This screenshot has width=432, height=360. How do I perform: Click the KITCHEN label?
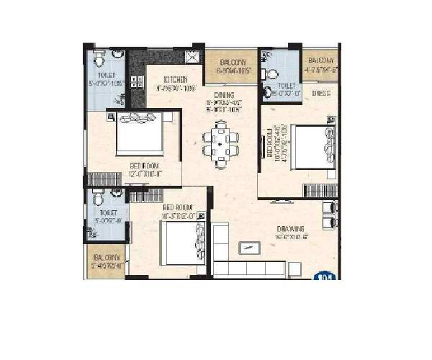(176, 79)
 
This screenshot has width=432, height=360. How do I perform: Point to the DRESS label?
(320, 93)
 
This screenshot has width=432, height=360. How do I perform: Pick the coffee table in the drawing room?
(249, 248)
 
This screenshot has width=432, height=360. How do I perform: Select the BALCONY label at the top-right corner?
(320, 60)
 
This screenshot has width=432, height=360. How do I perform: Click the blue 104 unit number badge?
(325, 275)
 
